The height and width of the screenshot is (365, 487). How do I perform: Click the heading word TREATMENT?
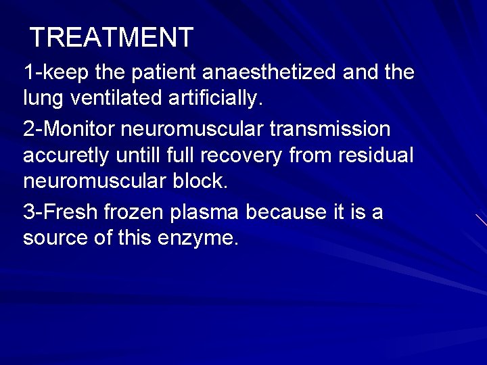point(112,37)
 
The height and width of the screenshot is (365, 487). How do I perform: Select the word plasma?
point(206,213)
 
